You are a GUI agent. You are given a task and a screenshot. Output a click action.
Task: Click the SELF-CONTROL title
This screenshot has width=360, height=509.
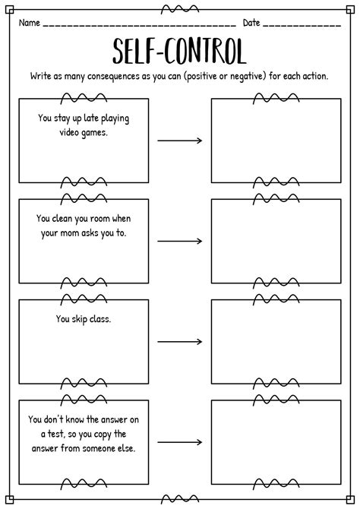click(x=179, y=51)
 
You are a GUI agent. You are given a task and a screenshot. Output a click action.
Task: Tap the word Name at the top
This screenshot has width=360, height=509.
click(x=29, y=23)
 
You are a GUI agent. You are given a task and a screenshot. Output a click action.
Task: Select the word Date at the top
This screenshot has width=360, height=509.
click(x=251, y=23)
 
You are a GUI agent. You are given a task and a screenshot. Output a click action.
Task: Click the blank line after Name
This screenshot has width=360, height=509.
click(x=139, y=25)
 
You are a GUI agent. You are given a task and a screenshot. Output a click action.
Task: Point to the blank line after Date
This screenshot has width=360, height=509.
click(x=302, y=25)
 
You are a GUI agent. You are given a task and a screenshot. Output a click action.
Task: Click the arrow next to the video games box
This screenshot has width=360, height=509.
click(x=180, y=141)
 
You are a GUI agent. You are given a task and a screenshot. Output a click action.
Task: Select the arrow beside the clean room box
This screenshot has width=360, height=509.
click(x=180, y=241)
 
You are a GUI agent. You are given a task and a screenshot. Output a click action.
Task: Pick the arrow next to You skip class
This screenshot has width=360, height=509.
click(x=180, y=342)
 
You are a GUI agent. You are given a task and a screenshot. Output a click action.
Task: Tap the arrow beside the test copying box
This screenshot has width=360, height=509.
click(x=180, y=442)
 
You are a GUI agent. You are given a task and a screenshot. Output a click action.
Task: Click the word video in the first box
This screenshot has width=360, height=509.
click(x=69, y=132)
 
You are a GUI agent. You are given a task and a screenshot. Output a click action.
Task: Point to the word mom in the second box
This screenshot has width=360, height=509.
click(x=69, y=233)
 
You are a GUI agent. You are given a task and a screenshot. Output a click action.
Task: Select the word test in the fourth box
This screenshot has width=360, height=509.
click(x=56, y=434)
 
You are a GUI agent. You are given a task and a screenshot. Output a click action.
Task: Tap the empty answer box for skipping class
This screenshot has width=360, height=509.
click(x=276, y=342)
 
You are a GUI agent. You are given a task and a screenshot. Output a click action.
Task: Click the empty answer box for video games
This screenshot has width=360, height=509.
click(x=276, y=141)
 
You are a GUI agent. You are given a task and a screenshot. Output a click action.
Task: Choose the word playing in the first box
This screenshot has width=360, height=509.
click(x=115, y=119)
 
